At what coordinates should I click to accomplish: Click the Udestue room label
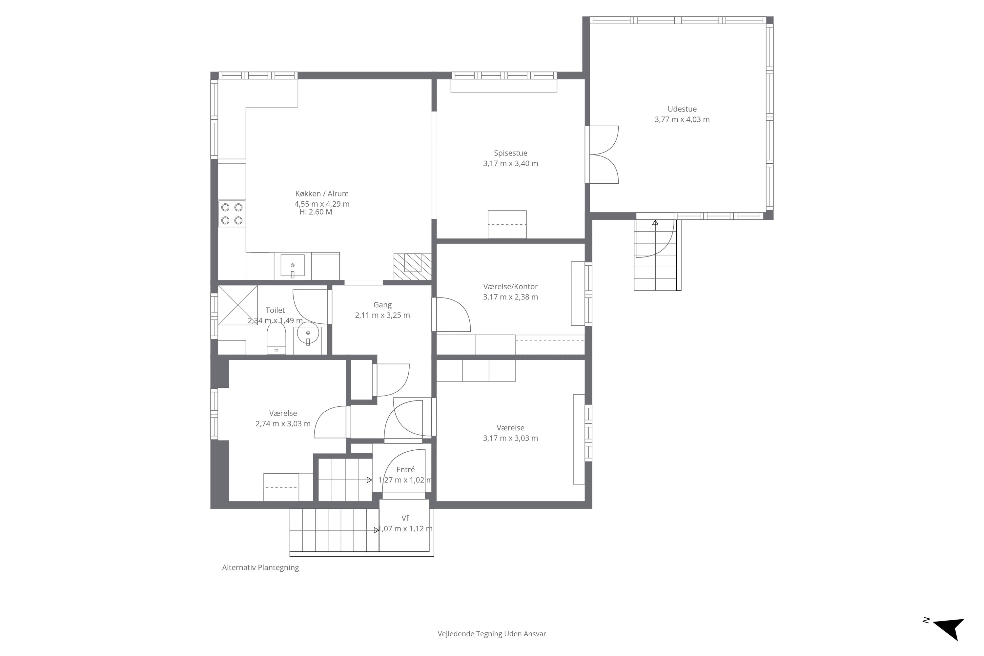682,109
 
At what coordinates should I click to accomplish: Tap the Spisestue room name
510,154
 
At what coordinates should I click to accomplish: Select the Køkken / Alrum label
322,194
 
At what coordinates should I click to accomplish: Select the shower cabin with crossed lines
237,305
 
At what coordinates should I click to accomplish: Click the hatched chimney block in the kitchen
413,266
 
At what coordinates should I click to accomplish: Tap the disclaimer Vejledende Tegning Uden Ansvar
492,634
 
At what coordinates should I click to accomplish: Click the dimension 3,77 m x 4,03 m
682,120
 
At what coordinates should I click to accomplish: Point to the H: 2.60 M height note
316,212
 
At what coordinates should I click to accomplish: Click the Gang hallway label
382,305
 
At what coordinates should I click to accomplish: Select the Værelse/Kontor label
510,287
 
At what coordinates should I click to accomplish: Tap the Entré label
405,470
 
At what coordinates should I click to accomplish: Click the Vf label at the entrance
405,518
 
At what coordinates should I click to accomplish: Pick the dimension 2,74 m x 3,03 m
283,424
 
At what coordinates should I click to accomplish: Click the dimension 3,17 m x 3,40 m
510,164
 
